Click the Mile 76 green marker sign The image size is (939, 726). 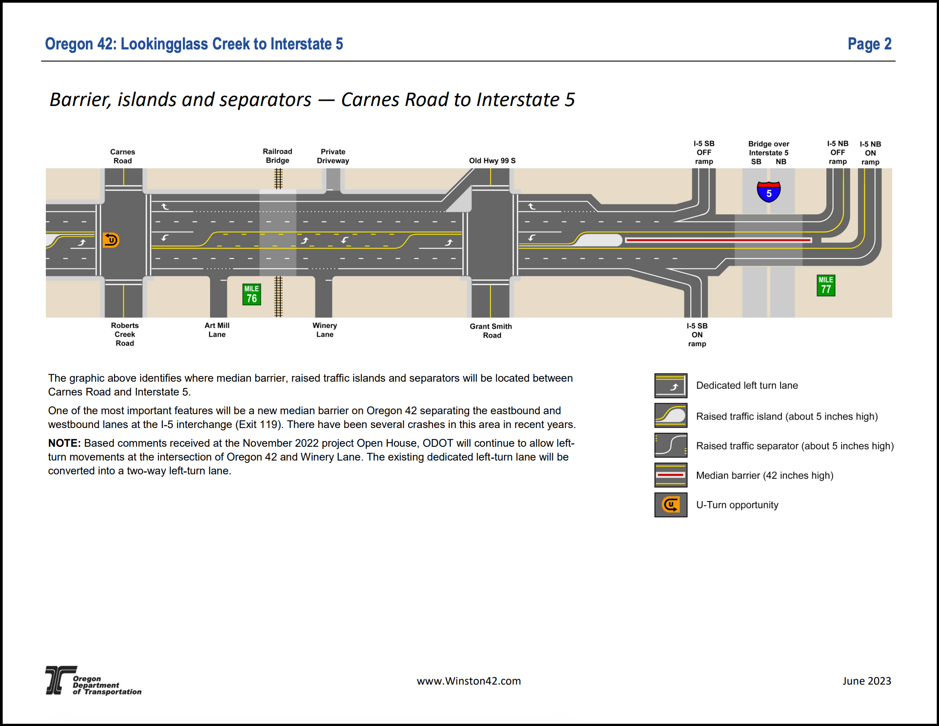[x=251, y=294]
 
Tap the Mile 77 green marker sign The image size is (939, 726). [x=826, y=286]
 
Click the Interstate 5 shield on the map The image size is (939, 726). [x=769, y=192]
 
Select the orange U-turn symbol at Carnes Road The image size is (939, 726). [x=111, y=240]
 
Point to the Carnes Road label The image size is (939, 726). [x=123, y=156]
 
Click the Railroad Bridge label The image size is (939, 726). [x=278, y=156]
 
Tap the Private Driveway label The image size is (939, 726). [x=333, y=156]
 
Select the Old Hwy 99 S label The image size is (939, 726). [x=492, y=161]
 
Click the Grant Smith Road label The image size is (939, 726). [x=491, y=331]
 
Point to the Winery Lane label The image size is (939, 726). [x=325, y=330]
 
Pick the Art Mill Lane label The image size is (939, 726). [x=217, y=330]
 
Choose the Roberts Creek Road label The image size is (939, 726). [x=125, y=334]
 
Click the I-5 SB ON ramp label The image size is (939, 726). [x=697, y=335]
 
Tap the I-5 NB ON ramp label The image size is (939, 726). [x=870, y=153]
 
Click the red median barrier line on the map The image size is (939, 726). [x=718, y=240]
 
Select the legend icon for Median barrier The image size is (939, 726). [x=671, y=475]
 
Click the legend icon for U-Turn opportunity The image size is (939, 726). [x=671, y=505]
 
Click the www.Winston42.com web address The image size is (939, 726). [x=469, y=681]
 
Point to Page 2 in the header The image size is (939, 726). [x=870, y=44]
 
